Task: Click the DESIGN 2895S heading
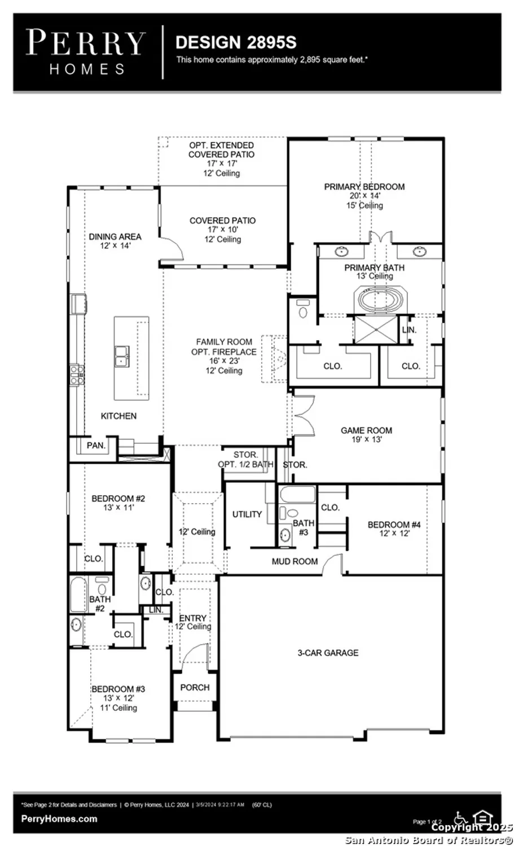pos(236,43)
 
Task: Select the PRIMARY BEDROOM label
pos(364,187)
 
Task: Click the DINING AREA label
pos(115,237)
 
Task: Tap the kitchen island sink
pos(122,356)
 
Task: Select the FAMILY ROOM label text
pos(224,342)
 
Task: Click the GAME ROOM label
pos(366,430)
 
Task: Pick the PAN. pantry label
pos(96,446)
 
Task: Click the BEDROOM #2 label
pos(118,499)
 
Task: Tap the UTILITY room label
pos(247,514)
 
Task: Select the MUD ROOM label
pos(295,562)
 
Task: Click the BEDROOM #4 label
pos(394,525)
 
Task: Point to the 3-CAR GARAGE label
pos(328,653)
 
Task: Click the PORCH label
pos(195,688)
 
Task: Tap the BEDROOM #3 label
pos(118,689)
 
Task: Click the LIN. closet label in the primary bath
pos(409,330)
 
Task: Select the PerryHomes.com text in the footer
pos(59,819)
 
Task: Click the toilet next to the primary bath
pos(303,310)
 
